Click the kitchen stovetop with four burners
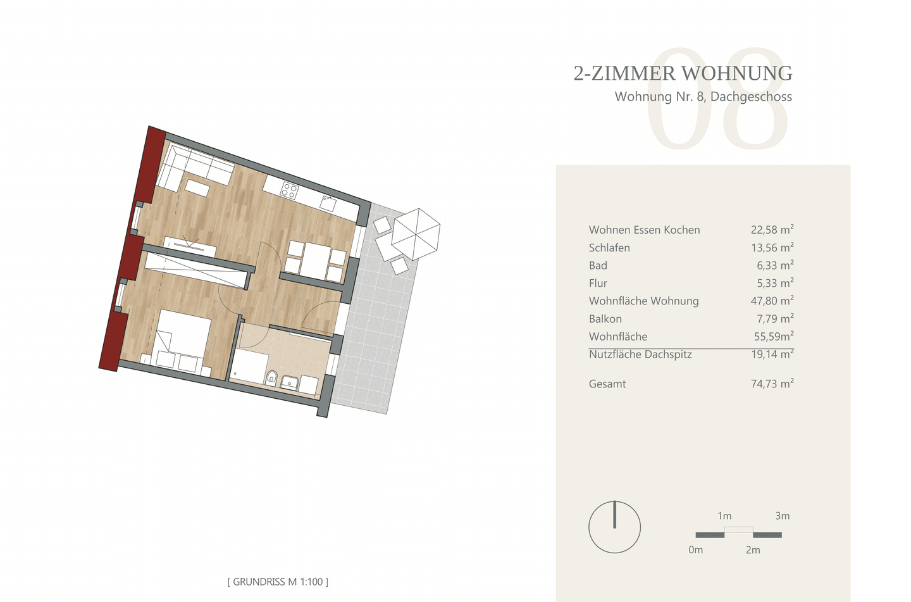point(290,191)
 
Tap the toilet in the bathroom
point(271,378)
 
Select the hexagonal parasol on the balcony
point(416,234)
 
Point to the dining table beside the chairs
point(316,261)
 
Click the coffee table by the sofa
point(197,188)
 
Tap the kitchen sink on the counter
point(328,202)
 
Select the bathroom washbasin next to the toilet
point(289,382)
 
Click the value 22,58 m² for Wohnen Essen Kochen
point(772,229)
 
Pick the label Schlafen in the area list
point(609,248)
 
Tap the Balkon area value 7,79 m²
point(775,318)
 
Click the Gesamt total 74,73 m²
point(772,383)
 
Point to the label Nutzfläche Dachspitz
point(640,354)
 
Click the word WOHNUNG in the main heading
point(737,73)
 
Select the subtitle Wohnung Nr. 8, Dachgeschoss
point(703,96)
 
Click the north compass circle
point(614,527)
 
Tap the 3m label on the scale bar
point(783,516)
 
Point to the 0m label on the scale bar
point(695,549)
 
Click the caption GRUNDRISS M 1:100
point(278,581)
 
